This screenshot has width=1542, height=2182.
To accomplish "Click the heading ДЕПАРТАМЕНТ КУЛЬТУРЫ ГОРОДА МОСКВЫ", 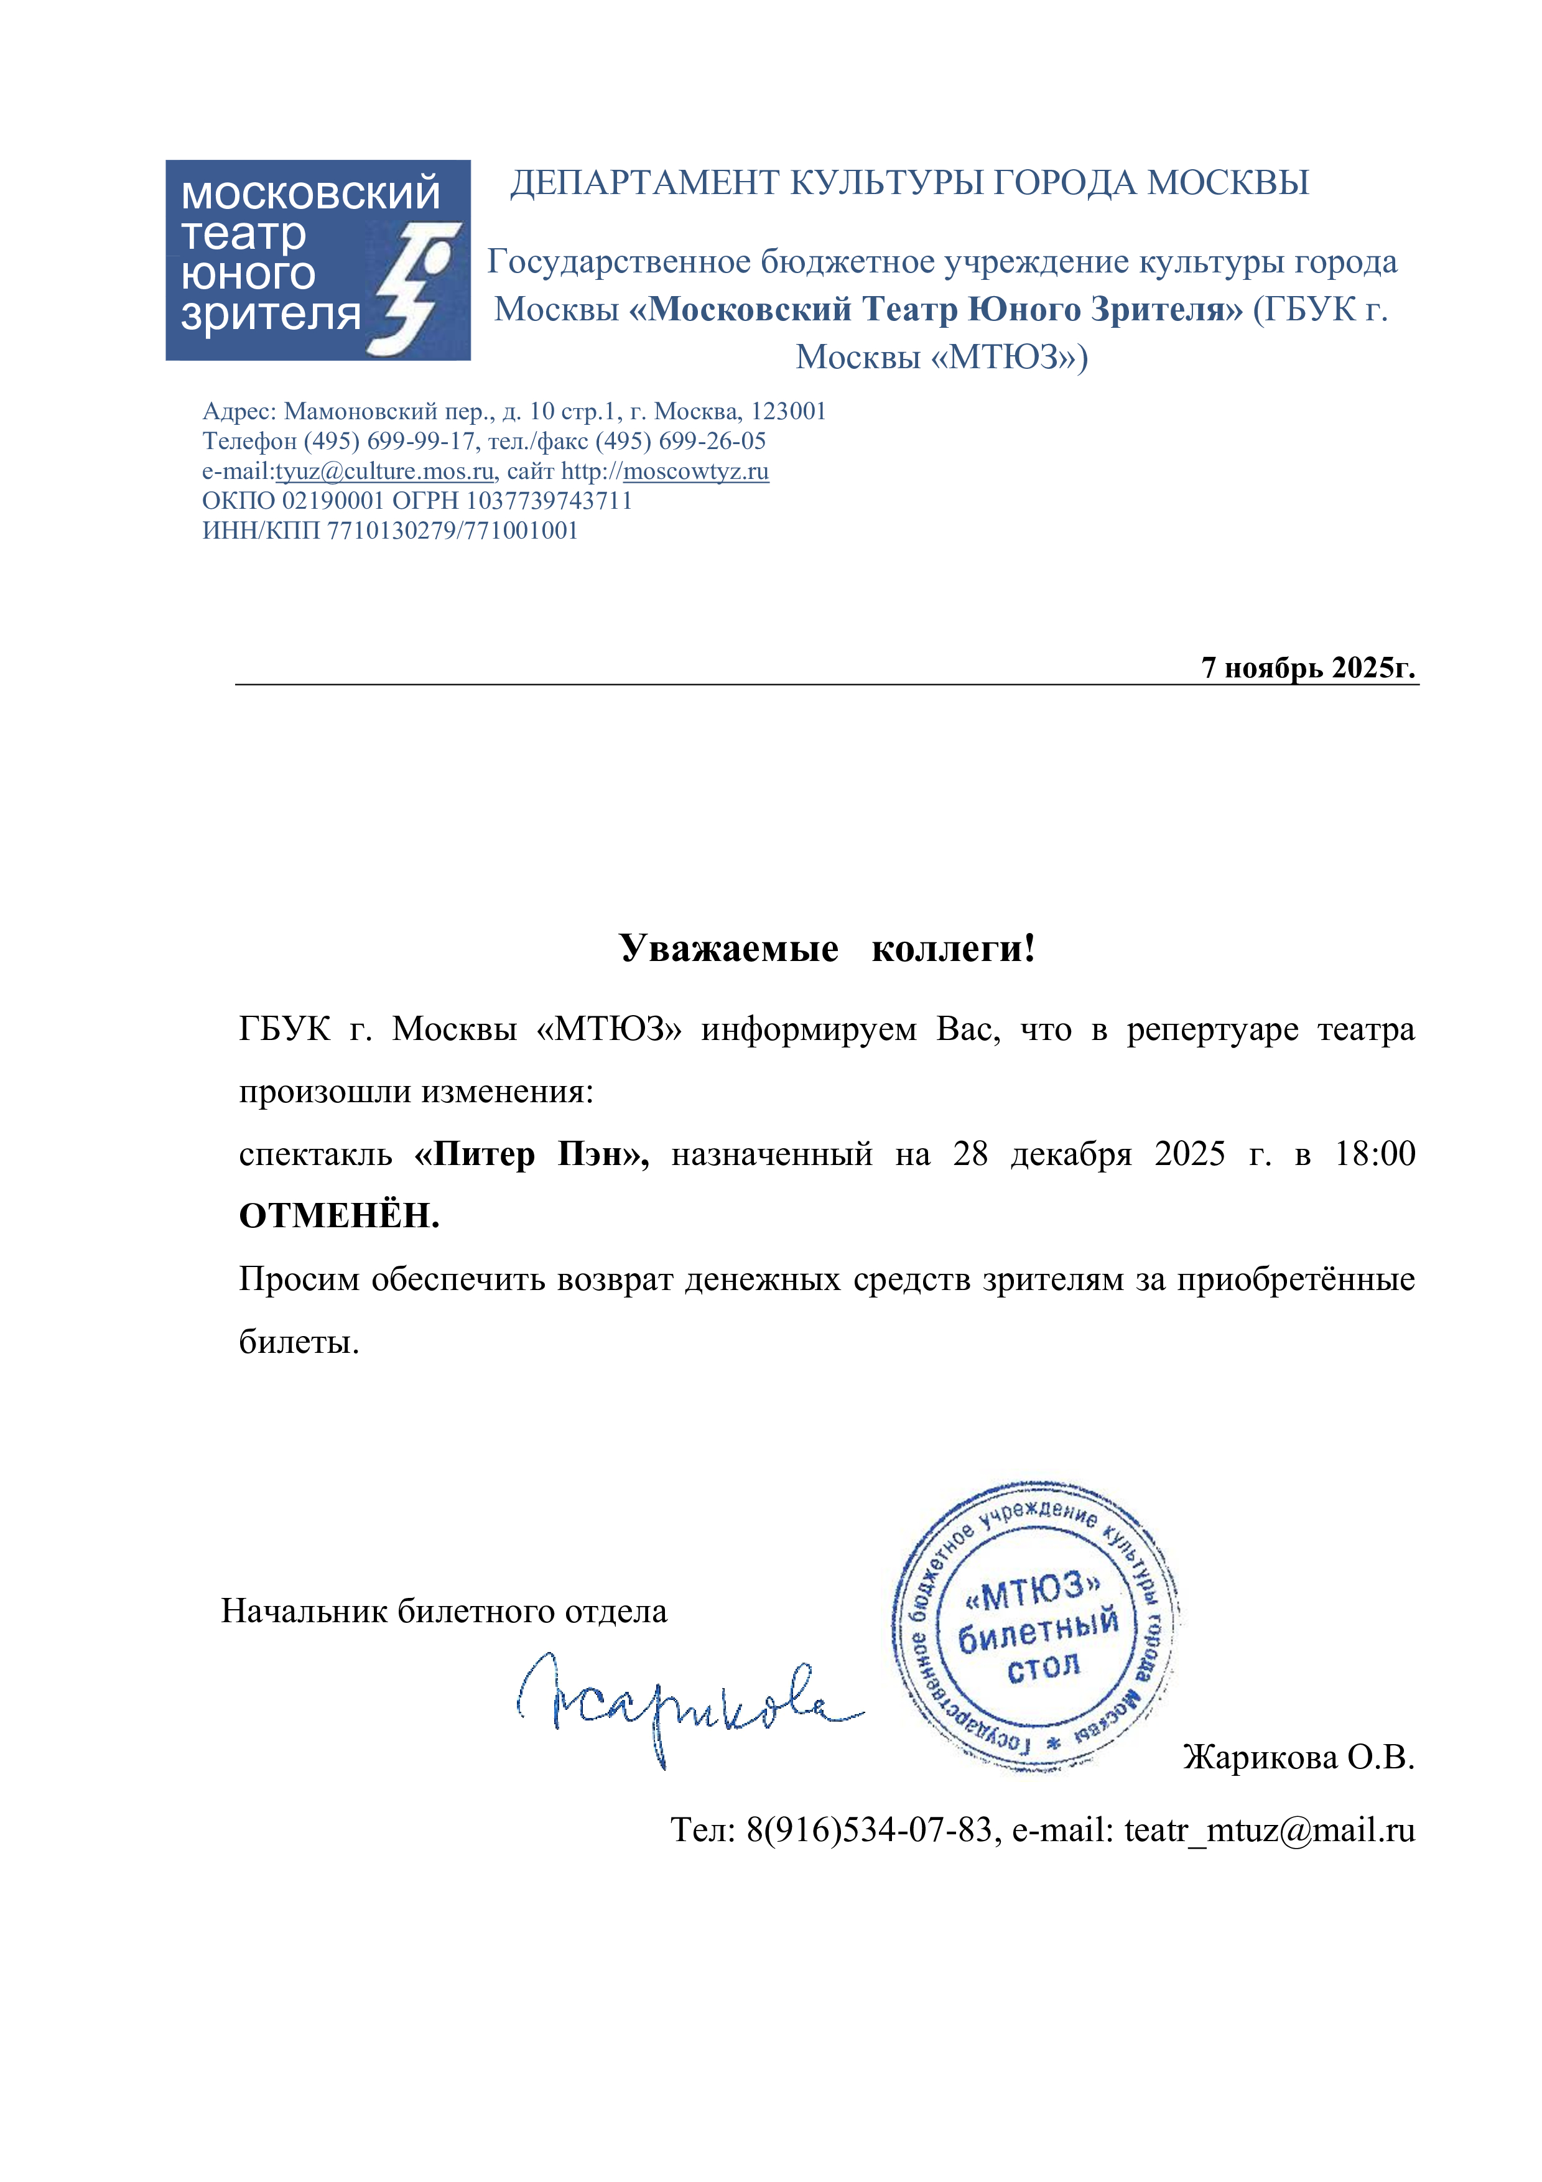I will pos(909,182).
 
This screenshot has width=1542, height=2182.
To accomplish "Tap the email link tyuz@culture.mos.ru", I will pos(385,471).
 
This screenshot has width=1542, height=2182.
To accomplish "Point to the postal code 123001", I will pos(789,412).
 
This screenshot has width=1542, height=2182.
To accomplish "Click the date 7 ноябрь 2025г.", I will pos(1307,667).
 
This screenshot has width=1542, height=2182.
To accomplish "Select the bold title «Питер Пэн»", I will pos(532,1154).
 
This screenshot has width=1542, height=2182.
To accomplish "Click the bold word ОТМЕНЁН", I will pos(339,1215).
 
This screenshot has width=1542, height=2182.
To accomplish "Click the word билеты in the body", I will pos(299,1341).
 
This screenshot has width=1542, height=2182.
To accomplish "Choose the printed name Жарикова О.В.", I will pos(1298,1757).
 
